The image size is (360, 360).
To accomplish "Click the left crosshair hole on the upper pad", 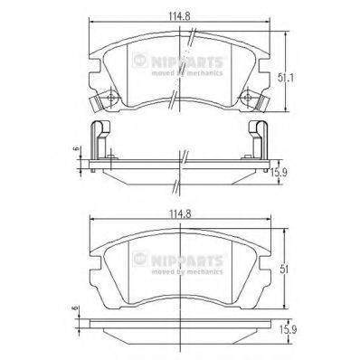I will click(108, 99).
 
